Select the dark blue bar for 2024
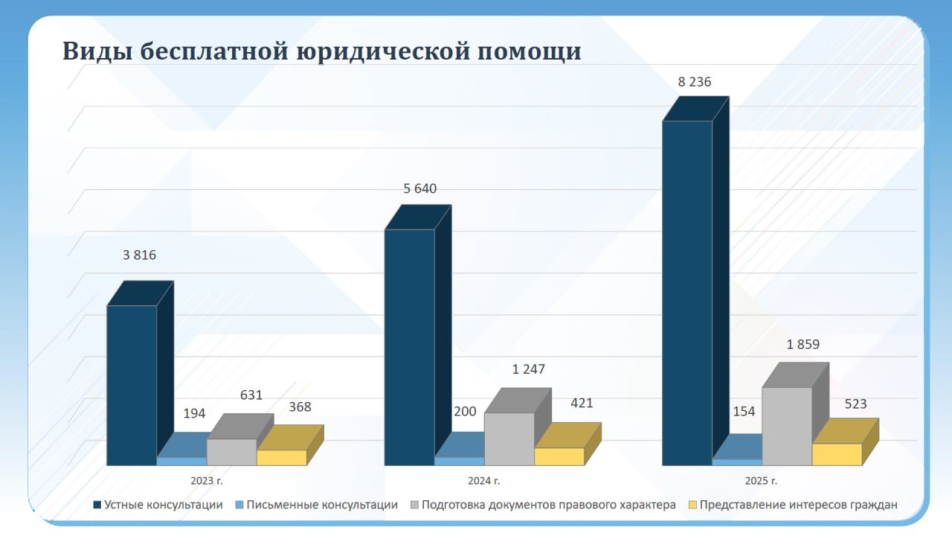[410, 347]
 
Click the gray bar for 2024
[509, 439]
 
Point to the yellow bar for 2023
[282, 458]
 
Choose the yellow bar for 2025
[837, 454]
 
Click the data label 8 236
[695, 82]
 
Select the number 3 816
[140, 255]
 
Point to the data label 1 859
[803, 345]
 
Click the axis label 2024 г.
[484, 481]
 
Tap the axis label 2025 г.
[762, 481]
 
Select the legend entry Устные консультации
[164, 505]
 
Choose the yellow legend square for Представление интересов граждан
[693, 505]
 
